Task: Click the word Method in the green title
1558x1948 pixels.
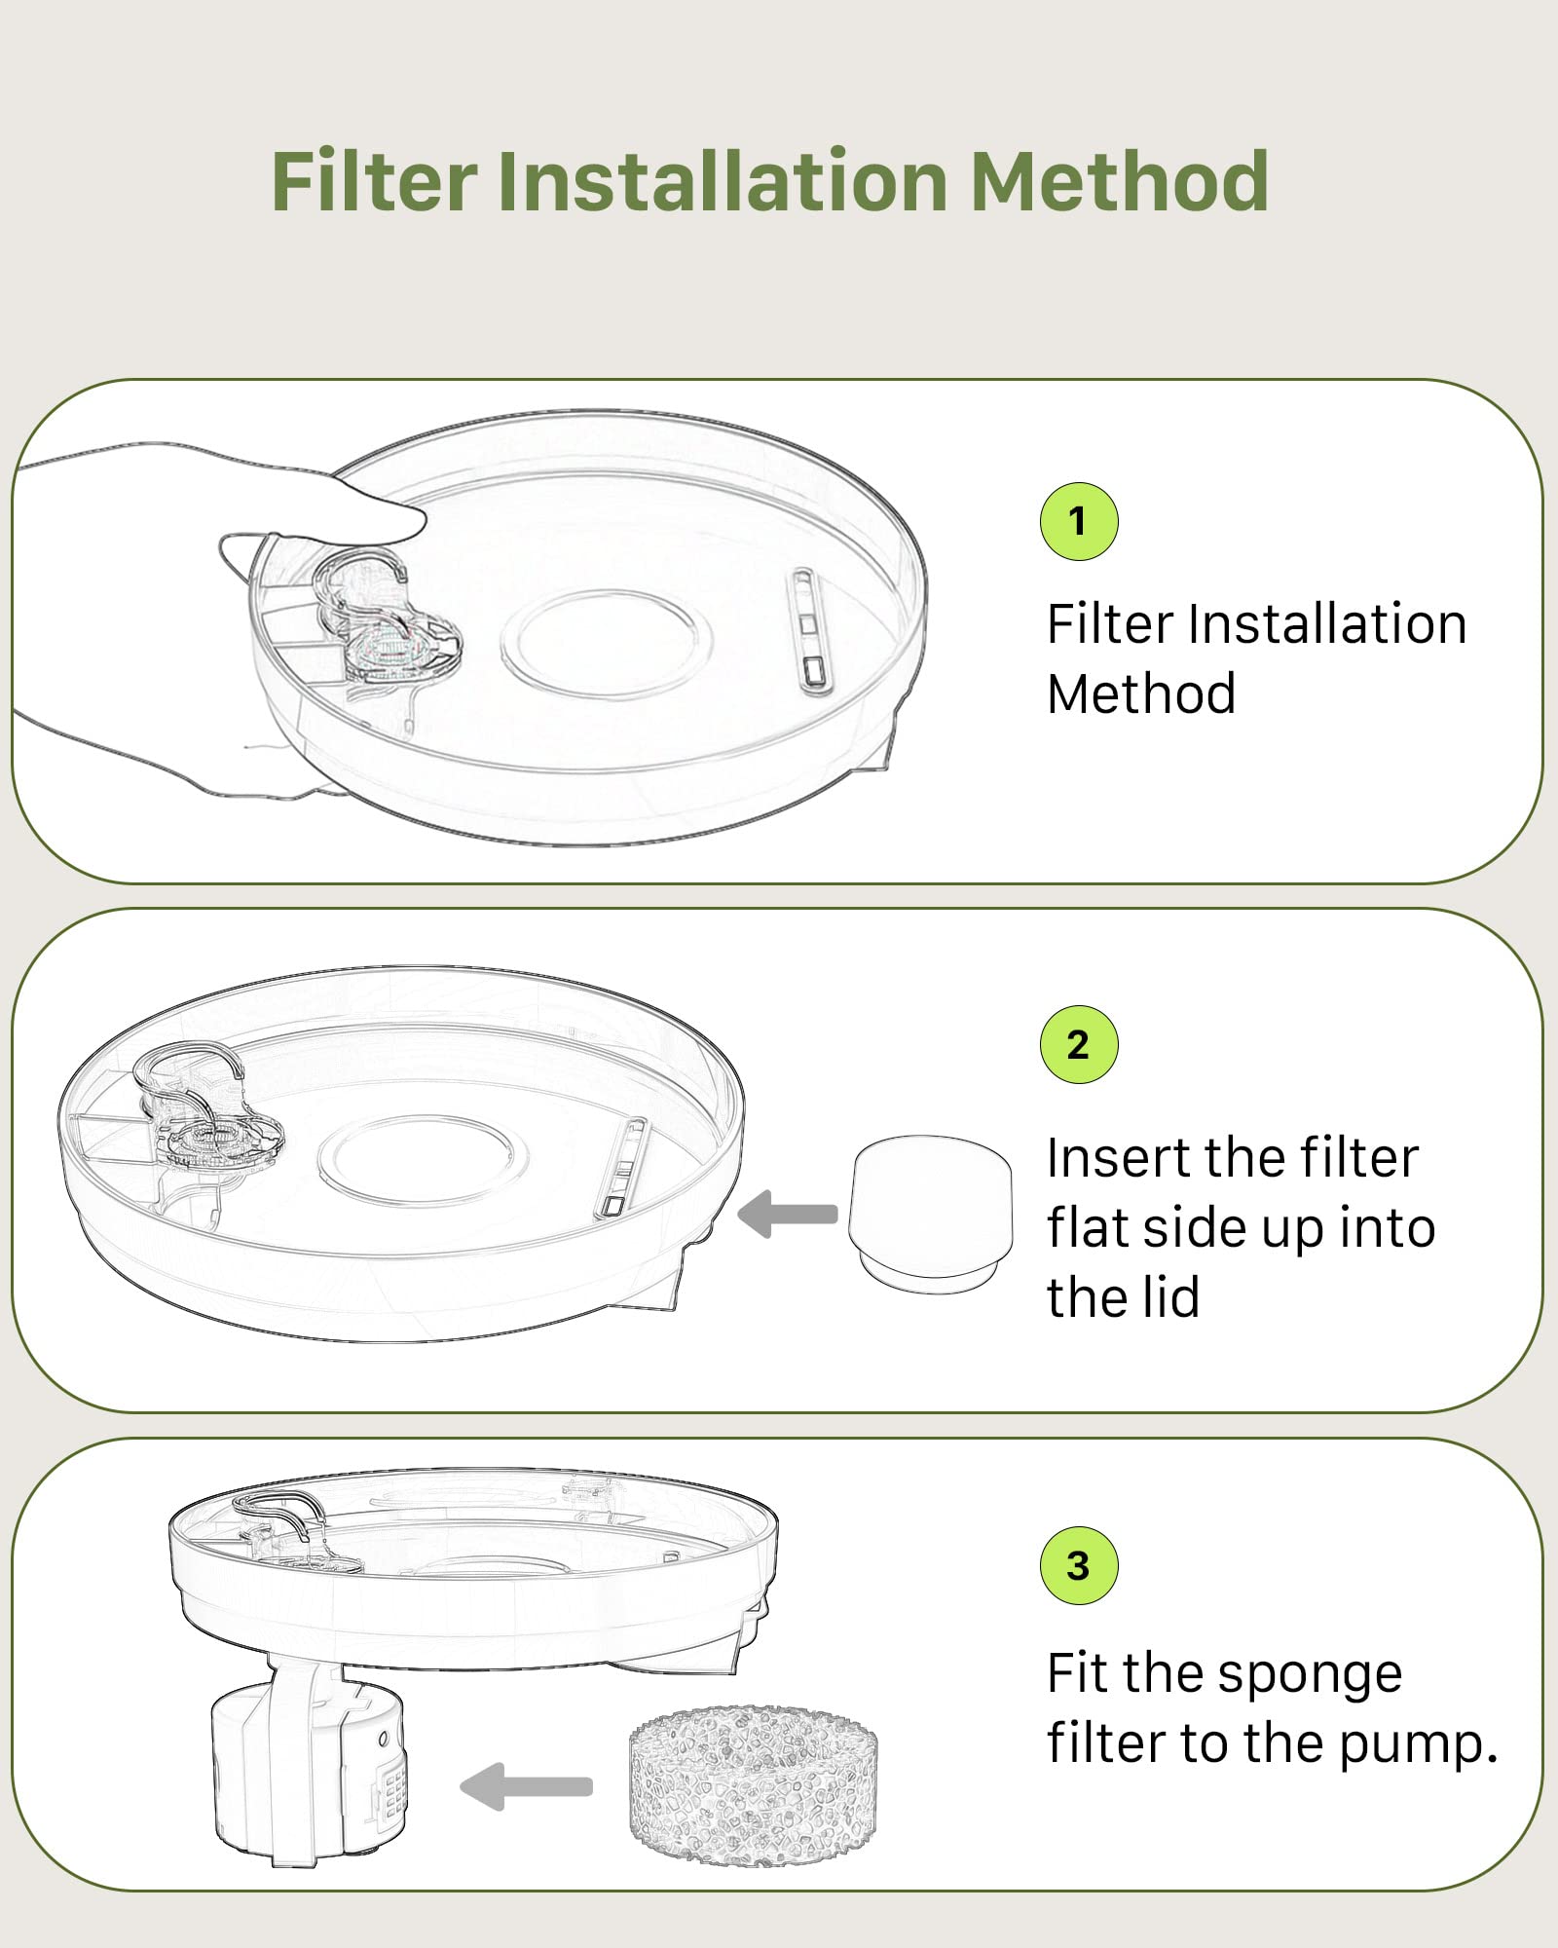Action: click(x=1120, y=182)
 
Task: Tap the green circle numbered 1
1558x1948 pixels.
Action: click(x=1078, y=521)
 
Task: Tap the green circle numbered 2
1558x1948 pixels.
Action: click(x=1078, y=1044)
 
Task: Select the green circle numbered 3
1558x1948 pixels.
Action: click(x=1078, y=1565)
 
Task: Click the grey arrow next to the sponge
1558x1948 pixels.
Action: click(x=527, y=1786)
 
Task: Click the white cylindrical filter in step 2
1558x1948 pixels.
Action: click(x=930, y=1212)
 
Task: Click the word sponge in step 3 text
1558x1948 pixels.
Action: click(x=1310, y=1675)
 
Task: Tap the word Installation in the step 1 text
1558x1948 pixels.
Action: click(x=1326, y=624)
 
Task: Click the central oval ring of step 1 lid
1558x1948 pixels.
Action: click(x=607, y=644)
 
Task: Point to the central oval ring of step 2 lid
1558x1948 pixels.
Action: click(x=424, y=1159)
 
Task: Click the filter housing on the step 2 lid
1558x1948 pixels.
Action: click(x=209, y=1120)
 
